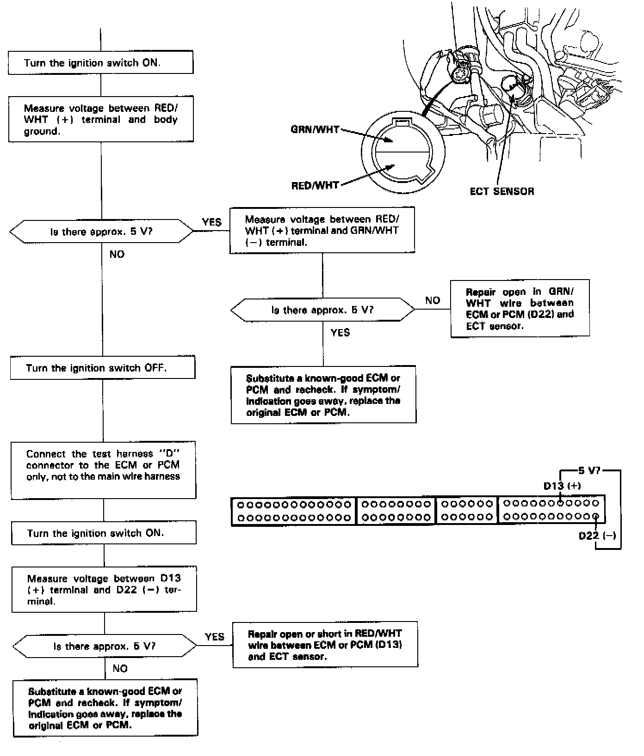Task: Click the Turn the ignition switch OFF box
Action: point(102,368)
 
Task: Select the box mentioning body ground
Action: point(100,119)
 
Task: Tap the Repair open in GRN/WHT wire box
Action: point(520,309)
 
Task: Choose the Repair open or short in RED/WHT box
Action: point(325,645)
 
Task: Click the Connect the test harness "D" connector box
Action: point(103,469)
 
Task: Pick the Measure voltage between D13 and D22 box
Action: point(104,589)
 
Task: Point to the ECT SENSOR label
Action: point(502,191)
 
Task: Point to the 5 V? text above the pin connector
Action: point(589,471)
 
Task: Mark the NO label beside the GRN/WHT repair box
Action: point(433,301)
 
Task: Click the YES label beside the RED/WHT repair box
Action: point(214,637)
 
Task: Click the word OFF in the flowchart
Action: point(155,368)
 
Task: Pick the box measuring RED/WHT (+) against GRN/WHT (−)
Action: point(322,230)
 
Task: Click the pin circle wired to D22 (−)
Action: point(595,517)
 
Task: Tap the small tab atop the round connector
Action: point(401,122)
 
